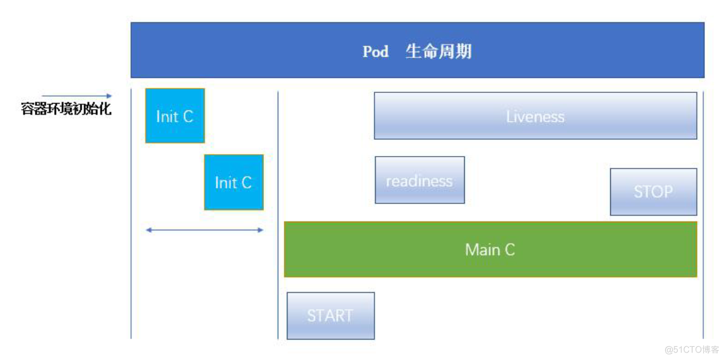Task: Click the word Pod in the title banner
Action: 376,51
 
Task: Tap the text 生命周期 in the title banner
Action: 439,51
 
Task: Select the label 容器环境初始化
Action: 66,109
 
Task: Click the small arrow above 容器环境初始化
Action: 77,96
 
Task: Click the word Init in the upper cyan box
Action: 167,117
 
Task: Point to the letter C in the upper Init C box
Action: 187,117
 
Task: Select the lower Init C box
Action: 233,182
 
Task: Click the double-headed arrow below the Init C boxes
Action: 205,230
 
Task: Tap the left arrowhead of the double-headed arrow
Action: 148,230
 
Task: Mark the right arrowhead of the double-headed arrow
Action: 261,230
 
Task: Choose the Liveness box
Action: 535,116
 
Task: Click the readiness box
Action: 419,180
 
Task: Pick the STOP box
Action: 653,192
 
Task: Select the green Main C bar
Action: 490,250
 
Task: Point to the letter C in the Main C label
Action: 509,250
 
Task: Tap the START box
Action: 330,316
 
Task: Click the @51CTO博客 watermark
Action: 692,349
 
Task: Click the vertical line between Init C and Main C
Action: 278,212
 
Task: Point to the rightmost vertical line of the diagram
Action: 703,212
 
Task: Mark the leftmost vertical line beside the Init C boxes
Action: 131,212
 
